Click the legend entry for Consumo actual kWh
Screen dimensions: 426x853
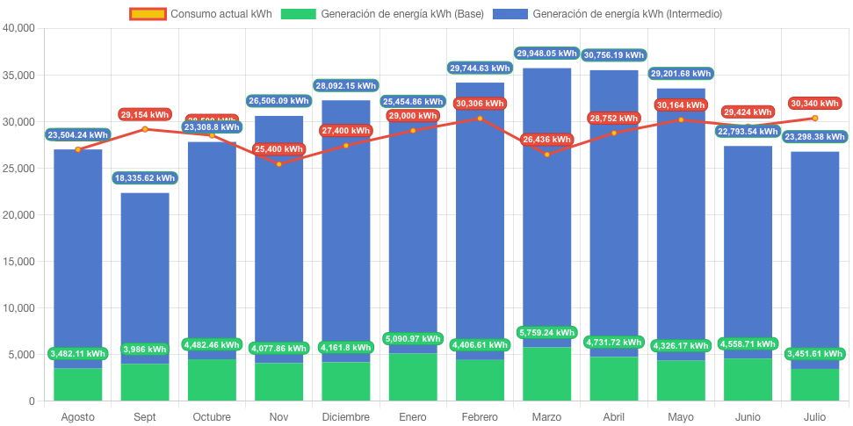(x=200, y=14)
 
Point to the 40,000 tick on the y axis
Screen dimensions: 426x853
(x=18, y=28)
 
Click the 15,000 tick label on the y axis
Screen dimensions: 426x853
(x=18, y=262)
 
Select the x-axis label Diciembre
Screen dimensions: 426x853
(x=346, y=416)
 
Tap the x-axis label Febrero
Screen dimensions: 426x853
(x=480, y=416)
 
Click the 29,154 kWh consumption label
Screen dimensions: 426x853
(x=145, y=114)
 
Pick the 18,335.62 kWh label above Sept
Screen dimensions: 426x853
(x=145, y=178)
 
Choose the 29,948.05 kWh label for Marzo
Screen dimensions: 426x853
(x=547, y=54)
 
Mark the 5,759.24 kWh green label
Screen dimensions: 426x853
(x=547, y=333)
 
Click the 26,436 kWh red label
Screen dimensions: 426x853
(x=547, y=139)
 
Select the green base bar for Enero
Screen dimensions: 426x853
(x=413, y=378)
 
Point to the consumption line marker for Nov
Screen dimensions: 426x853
(x=279, y=163)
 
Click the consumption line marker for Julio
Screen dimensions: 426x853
(x=815, y=118)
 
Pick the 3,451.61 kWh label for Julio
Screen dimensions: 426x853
(x=815, y=354)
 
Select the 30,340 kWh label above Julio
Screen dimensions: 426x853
(x=815, y=103)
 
